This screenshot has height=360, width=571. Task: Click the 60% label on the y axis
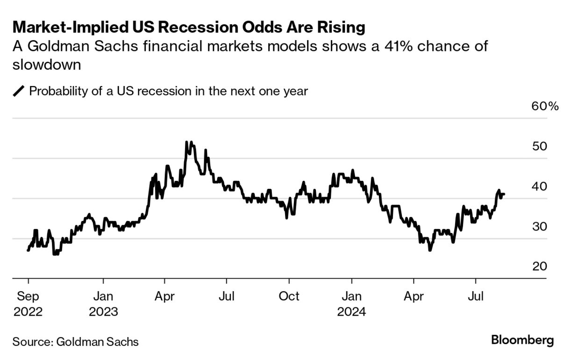point(545,107)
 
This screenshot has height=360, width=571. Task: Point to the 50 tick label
point(540,146)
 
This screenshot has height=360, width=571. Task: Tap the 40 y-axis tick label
point(540,187)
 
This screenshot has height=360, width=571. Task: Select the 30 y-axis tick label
point(540,227)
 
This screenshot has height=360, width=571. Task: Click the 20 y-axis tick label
point(540,266)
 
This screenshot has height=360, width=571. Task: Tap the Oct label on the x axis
point(289,296)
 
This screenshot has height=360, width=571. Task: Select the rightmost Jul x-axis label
point(476,296)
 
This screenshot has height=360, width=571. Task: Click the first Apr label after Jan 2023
point(164,296)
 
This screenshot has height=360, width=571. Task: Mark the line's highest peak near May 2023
point(187,142)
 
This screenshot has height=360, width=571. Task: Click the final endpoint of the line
point(504,194)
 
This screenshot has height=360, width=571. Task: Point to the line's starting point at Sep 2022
point(28,251)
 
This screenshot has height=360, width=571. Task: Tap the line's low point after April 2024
point(429,251)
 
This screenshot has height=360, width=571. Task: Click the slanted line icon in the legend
point(19,91)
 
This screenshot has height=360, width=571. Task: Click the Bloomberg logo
point(522,340)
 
